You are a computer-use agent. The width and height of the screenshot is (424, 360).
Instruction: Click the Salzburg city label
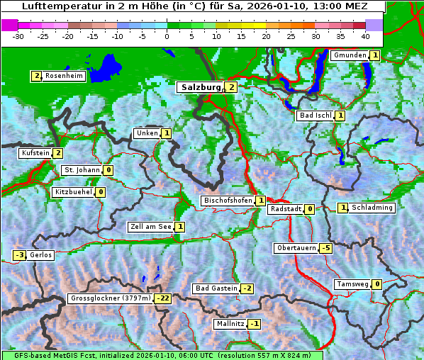pos(201,87)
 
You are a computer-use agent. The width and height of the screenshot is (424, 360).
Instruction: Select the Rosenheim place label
pos(64,76)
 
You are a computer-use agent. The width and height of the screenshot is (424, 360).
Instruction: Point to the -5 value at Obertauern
pos(325,248)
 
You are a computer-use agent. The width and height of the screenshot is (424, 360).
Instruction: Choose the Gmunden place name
pos(350,55)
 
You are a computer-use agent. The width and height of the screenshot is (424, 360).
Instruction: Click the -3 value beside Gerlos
pos(20,255)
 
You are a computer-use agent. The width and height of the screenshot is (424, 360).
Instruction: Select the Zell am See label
pos(150,227)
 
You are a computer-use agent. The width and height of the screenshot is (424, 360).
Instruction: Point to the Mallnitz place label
pos(230,324)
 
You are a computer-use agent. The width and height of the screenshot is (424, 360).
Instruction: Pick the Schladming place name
pos(372,208)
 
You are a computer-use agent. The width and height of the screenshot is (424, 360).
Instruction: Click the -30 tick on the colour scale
pos(19,36)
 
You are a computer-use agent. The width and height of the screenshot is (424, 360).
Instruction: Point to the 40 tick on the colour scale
pos(365,36)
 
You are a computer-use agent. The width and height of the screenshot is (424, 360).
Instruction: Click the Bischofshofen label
pos(228,201)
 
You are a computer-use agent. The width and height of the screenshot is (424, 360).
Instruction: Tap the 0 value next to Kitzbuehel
pos(101,192)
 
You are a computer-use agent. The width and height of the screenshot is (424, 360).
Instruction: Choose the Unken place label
pos(147,133)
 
